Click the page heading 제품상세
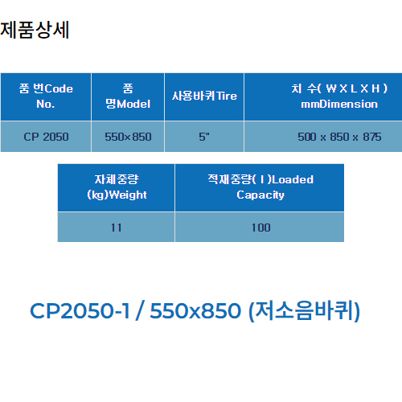click(35, 30)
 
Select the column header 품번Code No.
click(46, 96)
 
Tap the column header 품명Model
click(128, 96)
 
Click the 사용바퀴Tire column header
click(204, 96)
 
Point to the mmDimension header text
click(339, 104)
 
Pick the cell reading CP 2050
click(46, 137)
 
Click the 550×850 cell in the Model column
click(128, 137)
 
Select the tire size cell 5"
click(204, 137)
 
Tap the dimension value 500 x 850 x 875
click(339, 137)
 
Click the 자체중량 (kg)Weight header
click(117, 187)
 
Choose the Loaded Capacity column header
click(260, 187)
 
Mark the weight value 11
click(117, 228)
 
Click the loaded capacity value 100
click(260, 228)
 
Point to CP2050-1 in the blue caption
click(80, 311)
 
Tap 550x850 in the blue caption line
click(195, 311)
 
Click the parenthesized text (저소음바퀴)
click(305, 311)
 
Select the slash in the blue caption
click(140, 310)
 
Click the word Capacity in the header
click(260, 195)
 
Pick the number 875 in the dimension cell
click(372, 137)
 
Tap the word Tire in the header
click(227, 96)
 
